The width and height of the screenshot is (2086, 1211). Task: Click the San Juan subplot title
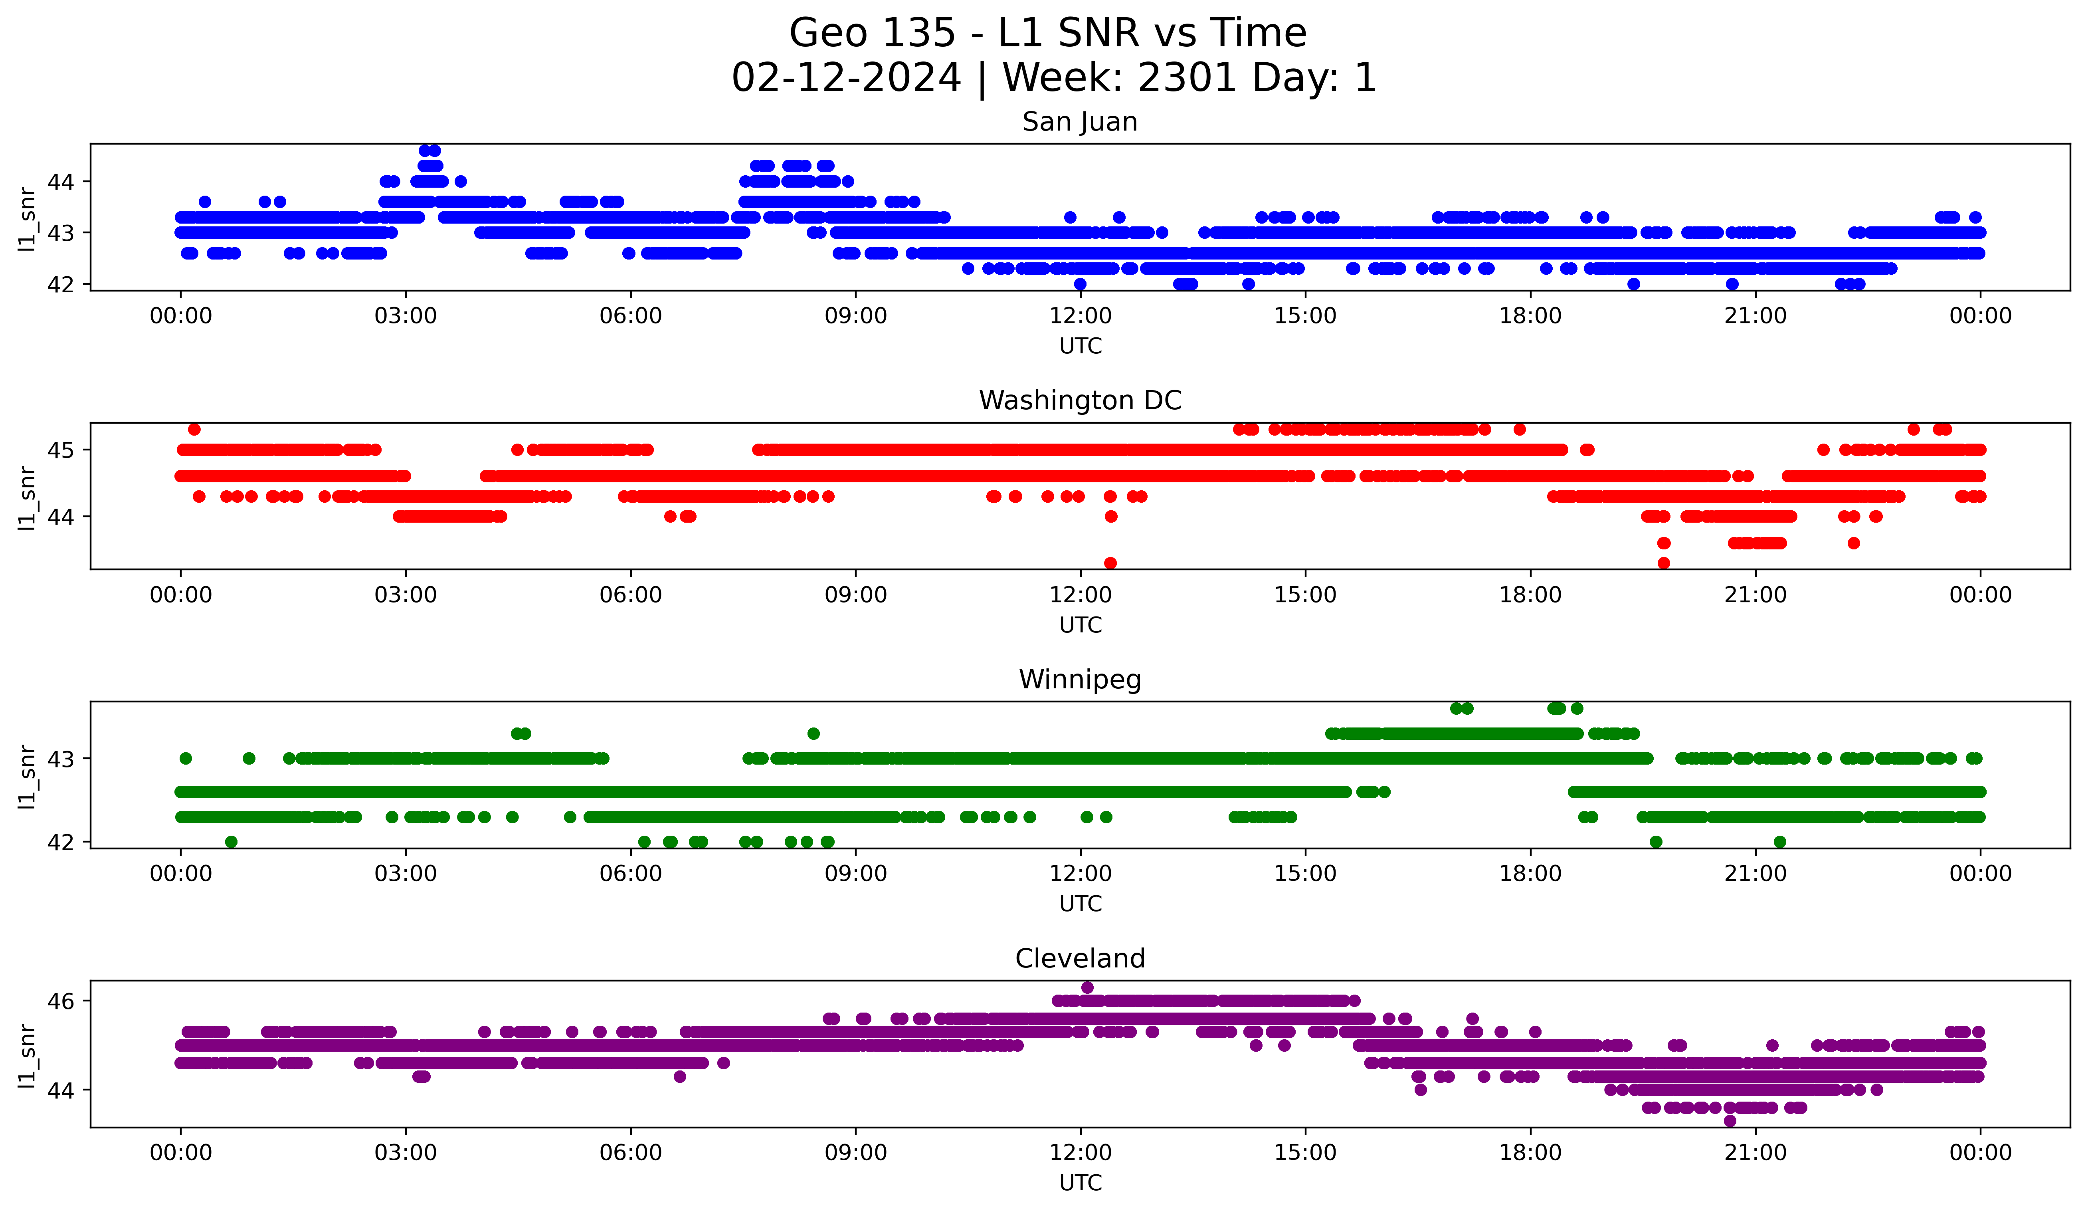[x=1079, y=122]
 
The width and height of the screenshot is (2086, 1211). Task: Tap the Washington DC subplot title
[x=1079, y=400]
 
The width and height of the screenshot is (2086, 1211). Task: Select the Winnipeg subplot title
[x=1079, y=680]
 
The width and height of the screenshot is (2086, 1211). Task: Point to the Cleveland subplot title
[x=1079, y=959]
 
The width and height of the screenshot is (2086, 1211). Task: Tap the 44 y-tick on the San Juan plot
[x=60, y=181]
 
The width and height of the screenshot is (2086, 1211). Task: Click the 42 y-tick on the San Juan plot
[x=60, y=284]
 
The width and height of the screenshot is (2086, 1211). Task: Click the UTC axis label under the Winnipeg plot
[x=1080, y=904]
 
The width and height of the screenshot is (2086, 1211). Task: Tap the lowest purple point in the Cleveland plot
[x=1730, y=1121]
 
